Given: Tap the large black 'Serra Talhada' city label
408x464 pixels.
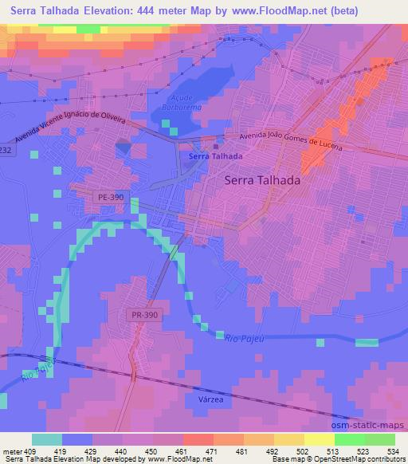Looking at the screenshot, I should tap(262, 180).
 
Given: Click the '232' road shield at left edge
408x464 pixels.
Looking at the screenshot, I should tap(6, 151).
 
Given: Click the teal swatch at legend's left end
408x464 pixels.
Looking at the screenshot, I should tap(46, 438).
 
